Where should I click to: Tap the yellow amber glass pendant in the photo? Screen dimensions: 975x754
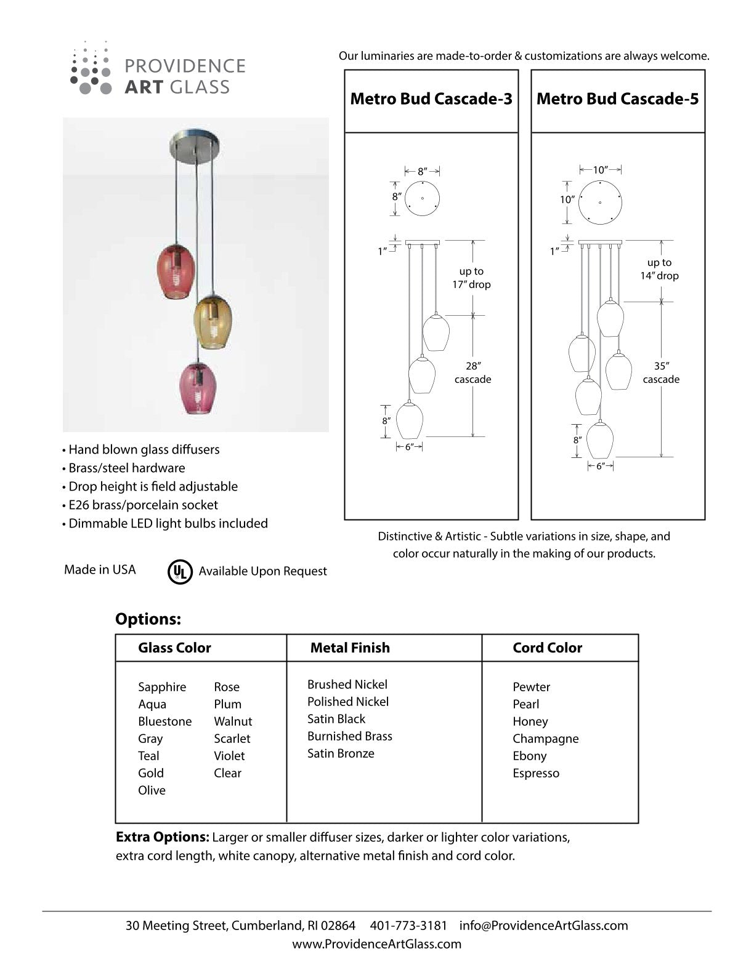click(x=212, y=322)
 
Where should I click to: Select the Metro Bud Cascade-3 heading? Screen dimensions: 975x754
click(x=431, y=99)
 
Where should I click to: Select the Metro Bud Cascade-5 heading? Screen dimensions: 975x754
click(x=618, y=99)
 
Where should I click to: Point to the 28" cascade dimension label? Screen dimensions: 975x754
click(x=473, y=373)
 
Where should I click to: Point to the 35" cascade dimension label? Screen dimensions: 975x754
click(x=661, y=373)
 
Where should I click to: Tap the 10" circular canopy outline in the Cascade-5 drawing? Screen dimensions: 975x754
click(x=600, y=201)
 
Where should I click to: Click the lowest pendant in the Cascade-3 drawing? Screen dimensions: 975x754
click(x=408, y=421)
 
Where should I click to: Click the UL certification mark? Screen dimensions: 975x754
click(x=180, y=571)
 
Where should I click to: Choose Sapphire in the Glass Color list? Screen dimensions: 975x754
click(x=162, y=687)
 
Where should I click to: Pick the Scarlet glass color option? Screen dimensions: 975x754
click(x=232, y=739)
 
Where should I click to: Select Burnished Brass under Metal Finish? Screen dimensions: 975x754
click(x=350, y=736)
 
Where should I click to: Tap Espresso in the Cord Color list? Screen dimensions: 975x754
click(x=536, y=773)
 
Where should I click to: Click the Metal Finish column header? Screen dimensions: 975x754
click(x=350, y=648)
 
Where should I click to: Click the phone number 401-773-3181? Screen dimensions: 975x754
click(x=408, y=925)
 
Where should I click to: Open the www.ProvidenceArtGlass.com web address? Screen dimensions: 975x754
click(x=376, y=944)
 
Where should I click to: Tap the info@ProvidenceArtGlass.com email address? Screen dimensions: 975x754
click(x=544, y=925)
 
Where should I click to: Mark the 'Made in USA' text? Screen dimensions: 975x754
click(x=100, y=570)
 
